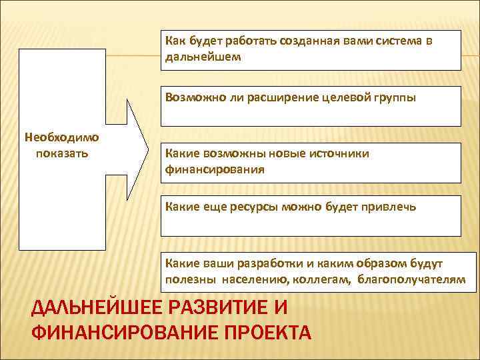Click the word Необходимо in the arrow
coord(61,137)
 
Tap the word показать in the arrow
coord(61,153)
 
